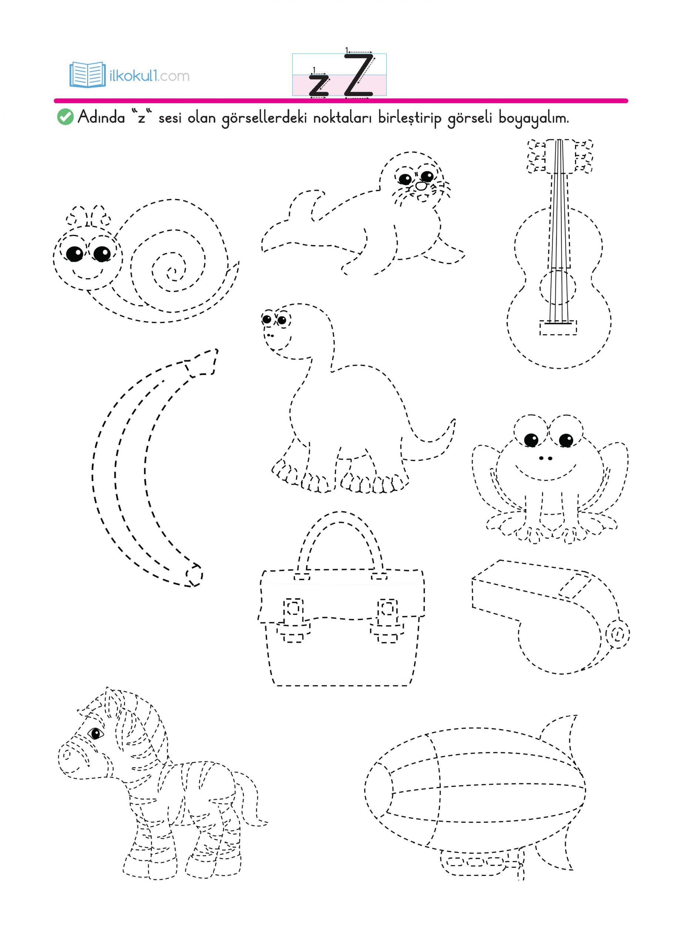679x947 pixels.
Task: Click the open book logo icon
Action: (87, 75)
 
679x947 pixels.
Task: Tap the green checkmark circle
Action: (65, 117)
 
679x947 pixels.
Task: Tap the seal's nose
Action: (421, 186)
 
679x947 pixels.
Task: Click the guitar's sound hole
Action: (558, 287)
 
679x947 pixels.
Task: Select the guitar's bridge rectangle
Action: (558, 328)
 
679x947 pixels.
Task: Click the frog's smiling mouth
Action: (546, 473)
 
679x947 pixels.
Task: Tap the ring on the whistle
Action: (617, 635)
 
